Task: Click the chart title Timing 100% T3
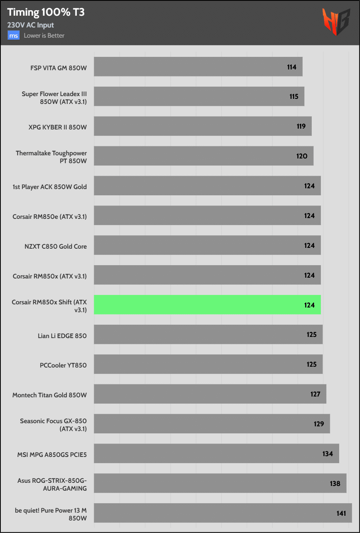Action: [x=46, y=13]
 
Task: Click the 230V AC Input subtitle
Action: [x=31, y=25]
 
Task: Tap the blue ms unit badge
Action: [x=14, y=36]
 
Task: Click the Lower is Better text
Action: [x=44, y=36]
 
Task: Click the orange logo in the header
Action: [x=335, y=22]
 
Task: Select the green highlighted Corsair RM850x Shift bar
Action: [x=207, y=305]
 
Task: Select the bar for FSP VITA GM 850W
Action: [x=198, y=67]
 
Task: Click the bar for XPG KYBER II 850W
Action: [x=202, y=126]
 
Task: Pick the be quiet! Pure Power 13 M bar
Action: [x=223, y=513]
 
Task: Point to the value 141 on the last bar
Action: [x=341, y=513]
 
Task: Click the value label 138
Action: [x=335, y=484]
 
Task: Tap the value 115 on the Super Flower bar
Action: [x=294, y=96]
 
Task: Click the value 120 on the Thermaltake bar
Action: [x=302, y=156]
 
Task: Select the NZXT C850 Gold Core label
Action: [x=56, y=247]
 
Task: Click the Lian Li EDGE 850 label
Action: [x=62, y=336]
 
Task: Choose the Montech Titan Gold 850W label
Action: [x=49, y=395]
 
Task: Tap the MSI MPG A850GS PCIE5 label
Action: [x=52, y=455]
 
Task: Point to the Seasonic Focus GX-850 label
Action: [x=53, y=425]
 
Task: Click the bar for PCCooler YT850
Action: [x=208, y=364]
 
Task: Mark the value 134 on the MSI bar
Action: [x=327, y=454]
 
